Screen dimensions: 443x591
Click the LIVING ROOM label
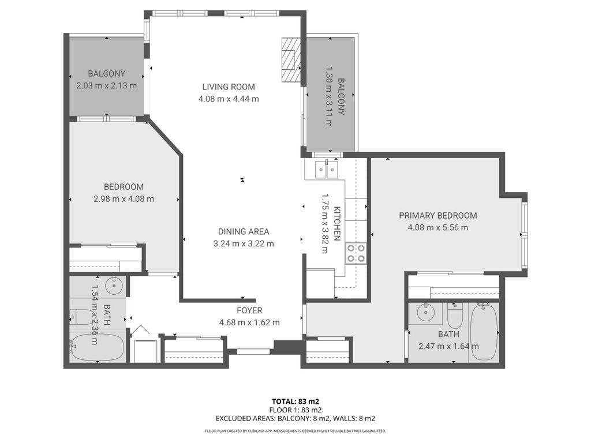229,87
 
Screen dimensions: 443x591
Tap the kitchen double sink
327,169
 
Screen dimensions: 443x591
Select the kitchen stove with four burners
355,253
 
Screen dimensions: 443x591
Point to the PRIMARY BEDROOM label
438,216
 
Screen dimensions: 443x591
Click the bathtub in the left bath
97,348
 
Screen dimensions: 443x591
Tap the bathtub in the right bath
483,333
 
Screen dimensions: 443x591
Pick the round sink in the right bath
426,312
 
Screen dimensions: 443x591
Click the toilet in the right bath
455,316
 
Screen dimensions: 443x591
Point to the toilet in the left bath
81,317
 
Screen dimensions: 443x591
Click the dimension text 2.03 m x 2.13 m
106,86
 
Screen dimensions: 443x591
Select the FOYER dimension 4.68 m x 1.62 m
249,322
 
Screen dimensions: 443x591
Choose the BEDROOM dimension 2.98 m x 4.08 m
124,199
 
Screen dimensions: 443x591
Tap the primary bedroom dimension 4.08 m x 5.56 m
438,227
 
